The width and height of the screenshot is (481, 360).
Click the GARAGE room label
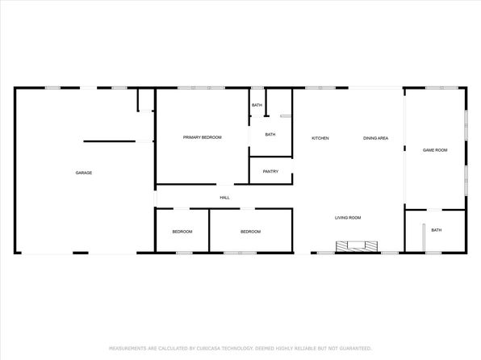pyautogui.click(x=84, y=173)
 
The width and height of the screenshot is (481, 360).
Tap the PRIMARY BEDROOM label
pyautogui.click(x=202, y=137)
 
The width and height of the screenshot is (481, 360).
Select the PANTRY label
pyautogui.click(x=270, y=171)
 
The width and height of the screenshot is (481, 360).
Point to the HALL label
pyautogui.click(x=224, y=198)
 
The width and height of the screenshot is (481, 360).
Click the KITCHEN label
pyautogui.click(x=320, y=138)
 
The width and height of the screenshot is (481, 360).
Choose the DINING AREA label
pyautogui.click(x=375, y=138)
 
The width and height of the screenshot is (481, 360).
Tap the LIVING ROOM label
pyautogui.click(x=348, y=218)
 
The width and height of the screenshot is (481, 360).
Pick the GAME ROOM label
pyautogui.click(x=435, y=150)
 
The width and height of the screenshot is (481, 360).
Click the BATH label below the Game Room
pyautogui.click(x=437, y=230)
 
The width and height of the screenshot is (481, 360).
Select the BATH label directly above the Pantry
pyautogui.click(x=270, y=135)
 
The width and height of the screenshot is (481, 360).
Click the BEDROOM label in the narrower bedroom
pyautogui.click(x=182, y=232)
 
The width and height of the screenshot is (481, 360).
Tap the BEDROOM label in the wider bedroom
pyautogui.click(x=251, y=232)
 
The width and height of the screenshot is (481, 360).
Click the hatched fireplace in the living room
pyautogui.click(x=357, y=246)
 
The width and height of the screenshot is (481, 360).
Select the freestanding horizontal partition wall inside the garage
pyautogui.click(x=109, y=141)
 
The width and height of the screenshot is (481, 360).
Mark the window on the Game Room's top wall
pyautogui.click(x=441, y=88)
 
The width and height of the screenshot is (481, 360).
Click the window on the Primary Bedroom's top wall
pyautogui.click(x=201, y=88)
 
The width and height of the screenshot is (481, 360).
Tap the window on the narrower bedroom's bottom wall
pyautogui.click(x=184, y=253)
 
